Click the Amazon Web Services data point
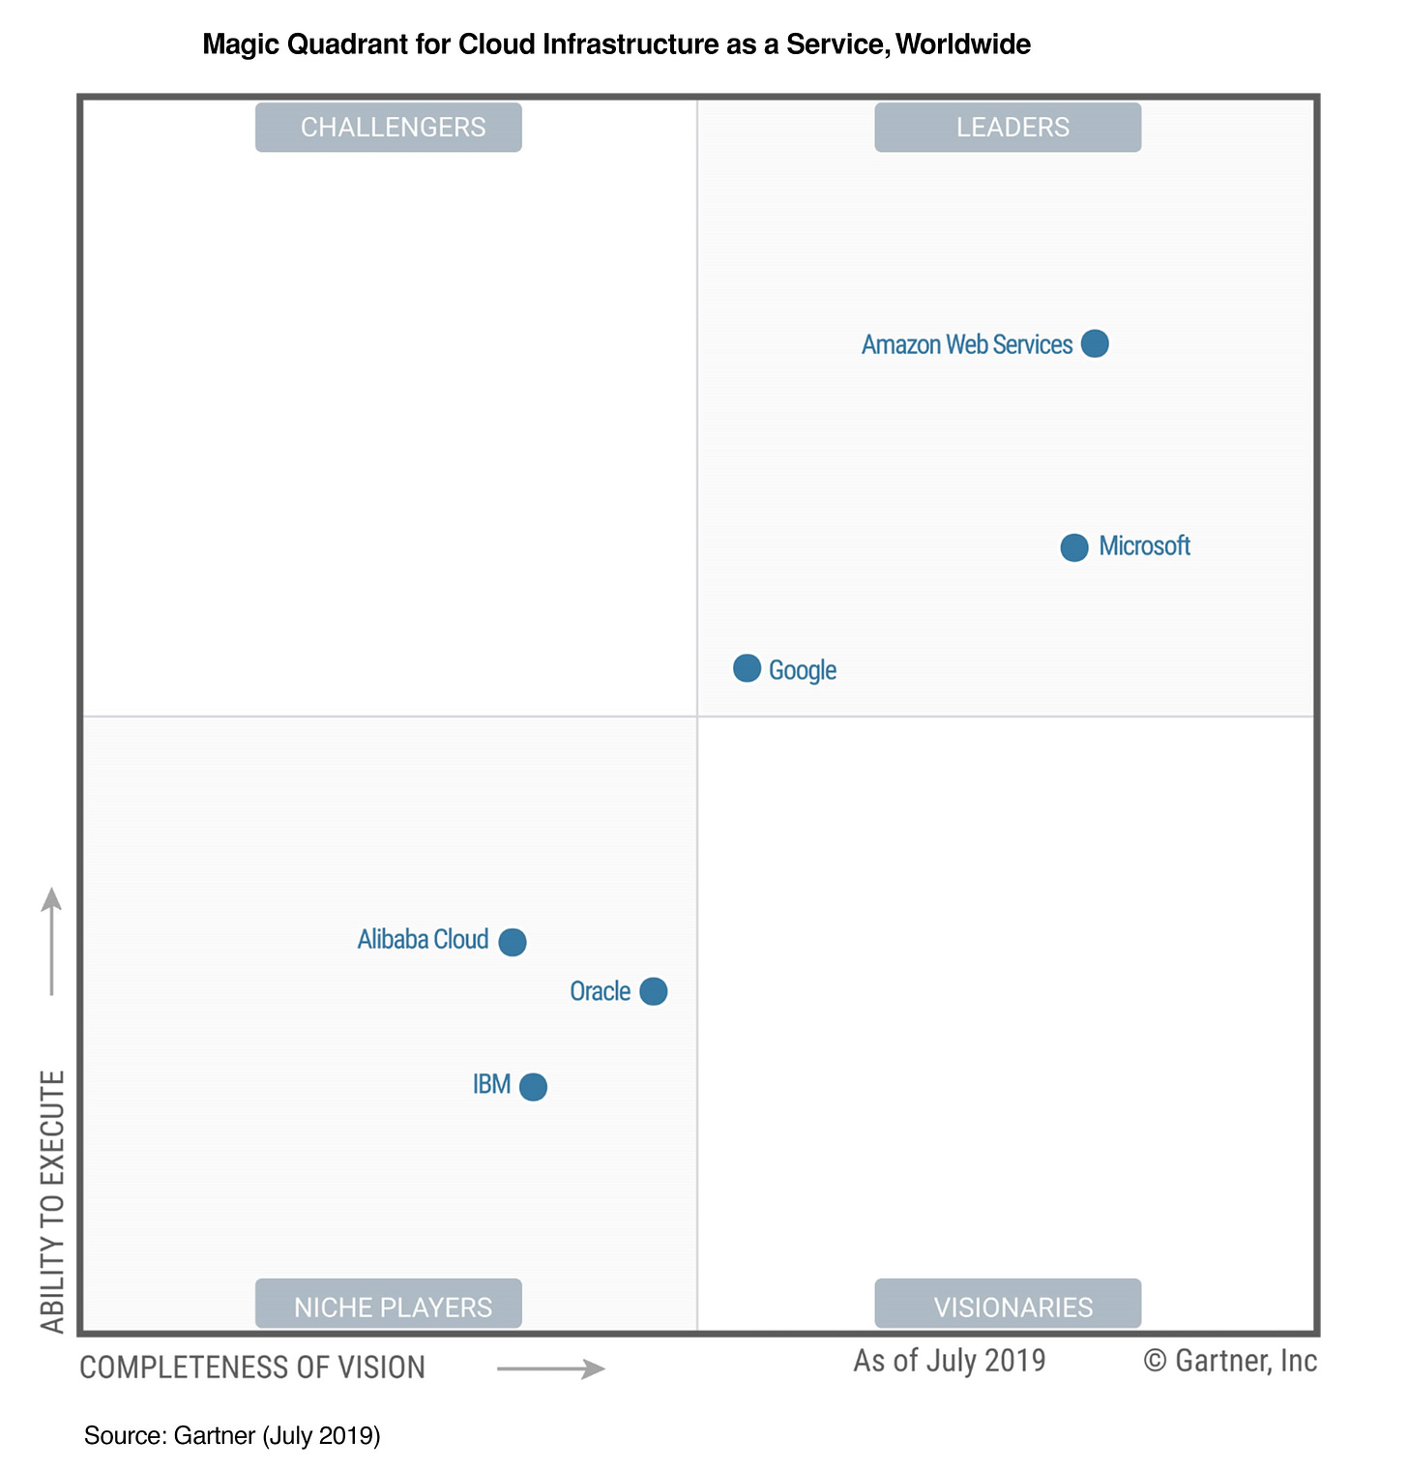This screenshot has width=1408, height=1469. [x=1095, y=343]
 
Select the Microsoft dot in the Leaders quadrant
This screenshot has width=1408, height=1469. [x=1074, y=547]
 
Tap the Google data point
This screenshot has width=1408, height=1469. [x=747, y=668]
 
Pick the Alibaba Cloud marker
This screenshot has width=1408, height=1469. [x=513, y=942]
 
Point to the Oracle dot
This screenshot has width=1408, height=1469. [x=654, y=991]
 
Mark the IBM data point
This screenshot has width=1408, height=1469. [x=533, y=1087]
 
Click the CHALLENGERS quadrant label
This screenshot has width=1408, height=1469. [x=389, y=128]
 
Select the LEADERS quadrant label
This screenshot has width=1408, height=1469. [x=1008, y=128]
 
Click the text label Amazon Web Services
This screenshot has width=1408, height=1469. [x=967, y=345]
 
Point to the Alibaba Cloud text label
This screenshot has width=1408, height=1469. [x=423, y=940]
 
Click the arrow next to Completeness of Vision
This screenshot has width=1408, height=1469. [x=550, y=1368]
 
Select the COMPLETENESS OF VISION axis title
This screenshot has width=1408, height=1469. [x=252, y=1367]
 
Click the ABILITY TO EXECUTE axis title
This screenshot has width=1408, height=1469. [x=52, y=1201]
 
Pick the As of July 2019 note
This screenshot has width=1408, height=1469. [x=950, y=1361]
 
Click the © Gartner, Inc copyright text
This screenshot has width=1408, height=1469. [x=1230, y=1361]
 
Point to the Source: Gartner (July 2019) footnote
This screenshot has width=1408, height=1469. [x=232, y=1435]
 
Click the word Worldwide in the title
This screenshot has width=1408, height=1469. [x=963, y=44]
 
